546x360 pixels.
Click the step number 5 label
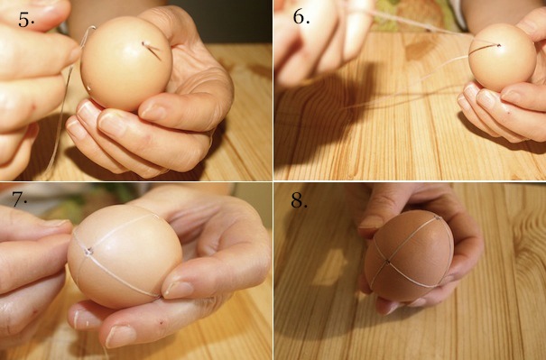(26, 20)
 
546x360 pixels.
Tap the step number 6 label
(301, 16)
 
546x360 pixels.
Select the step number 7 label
(20, 198)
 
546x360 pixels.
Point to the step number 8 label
(299, 201)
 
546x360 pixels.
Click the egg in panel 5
(126, 63)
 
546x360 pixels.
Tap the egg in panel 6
(502, 58)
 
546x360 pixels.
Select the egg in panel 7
(125, 256)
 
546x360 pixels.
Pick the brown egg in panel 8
(409, 256)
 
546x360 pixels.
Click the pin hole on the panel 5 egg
(143, 43)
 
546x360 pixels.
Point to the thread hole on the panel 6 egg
(499, 45)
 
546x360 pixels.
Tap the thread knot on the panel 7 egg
(88, 251)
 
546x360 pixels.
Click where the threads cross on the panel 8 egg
(387, 261)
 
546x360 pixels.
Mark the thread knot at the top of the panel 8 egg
(437, 218)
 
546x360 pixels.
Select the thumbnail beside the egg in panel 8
(372, 221)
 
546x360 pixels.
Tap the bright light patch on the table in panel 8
(331, 266)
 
